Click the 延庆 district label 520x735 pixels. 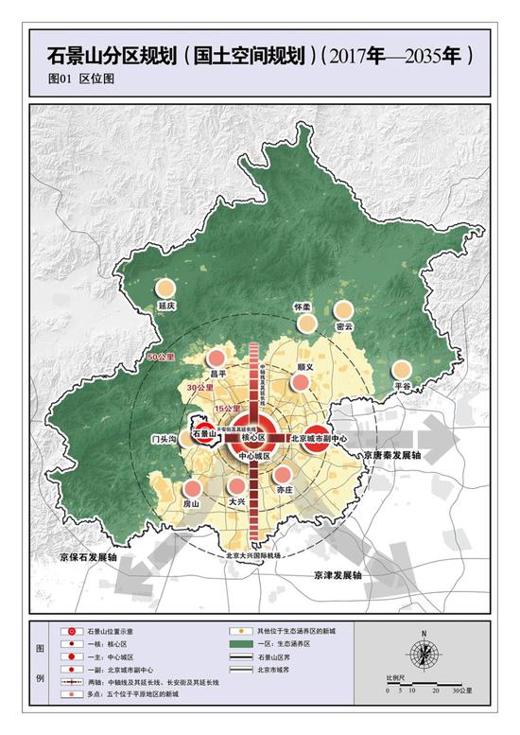[x=168, y=306]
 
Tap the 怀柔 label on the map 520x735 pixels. [x=303, y=307]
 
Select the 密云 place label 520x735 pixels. [x=343, y=326]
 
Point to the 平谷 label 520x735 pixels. [x=403, y=387]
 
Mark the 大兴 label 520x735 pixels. [x=237, y=504]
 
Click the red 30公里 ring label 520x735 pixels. [x=199, y=388]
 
